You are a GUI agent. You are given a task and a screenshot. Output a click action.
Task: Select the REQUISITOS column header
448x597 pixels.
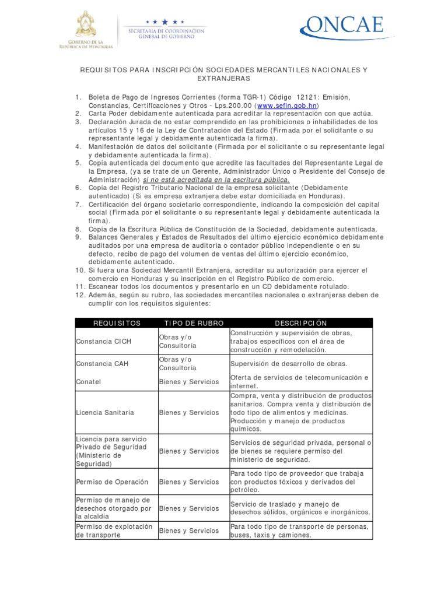[x=117, y=323]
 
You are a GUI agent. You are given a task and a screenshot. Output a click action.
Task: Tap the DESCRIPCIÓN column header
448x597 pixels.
[x=300, y=323]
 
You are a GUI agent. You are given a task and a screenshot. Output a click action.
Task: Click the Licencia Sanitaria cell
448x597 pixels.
[x=105, y=412]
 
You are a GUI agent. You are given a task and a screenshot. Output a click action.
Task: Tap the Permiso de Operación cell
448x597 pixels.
[x=112, y=482]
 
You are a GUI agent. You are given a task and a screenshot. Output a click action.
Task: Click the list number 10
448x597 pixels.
[x=80, y=271]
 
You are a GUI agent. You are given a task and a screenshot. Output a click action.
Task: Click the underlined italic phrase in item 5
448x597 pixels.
[x=216, y=180]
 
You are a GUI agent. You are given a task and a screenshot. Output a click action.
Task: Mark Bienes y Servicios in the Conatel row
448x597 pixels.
[x=189, y=382]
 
